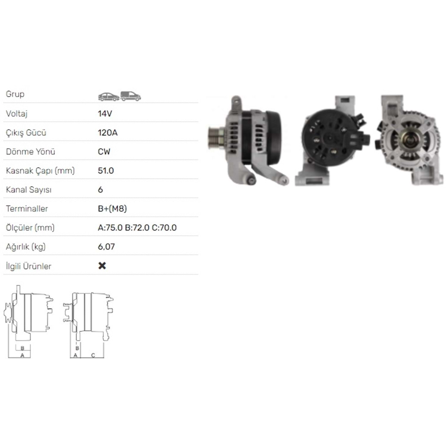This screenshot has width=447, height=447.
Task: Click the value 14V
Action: click(105, 114)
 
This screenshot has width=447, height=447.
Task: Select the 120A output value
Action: click(108, 133)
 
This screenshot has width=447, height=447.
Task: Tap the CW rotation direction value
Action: click(104, 152)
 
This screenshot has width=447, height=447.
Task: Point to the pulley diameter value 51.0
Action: click(106, 171)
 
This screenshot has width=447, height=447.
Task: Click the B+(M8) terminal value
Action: click(112, 209)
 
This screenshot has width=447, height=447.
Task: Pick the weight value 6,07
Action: click(106, 247)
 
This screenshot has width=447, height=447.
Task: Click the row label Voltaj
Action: click(17, 114)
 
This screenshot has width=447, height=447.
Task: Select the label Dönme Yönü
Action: click(30, 152)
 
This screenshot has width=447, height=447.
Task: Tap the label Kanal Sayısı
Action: click(29, 190)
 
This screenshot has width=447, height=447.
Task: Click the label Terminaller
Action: click(27, 209)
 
